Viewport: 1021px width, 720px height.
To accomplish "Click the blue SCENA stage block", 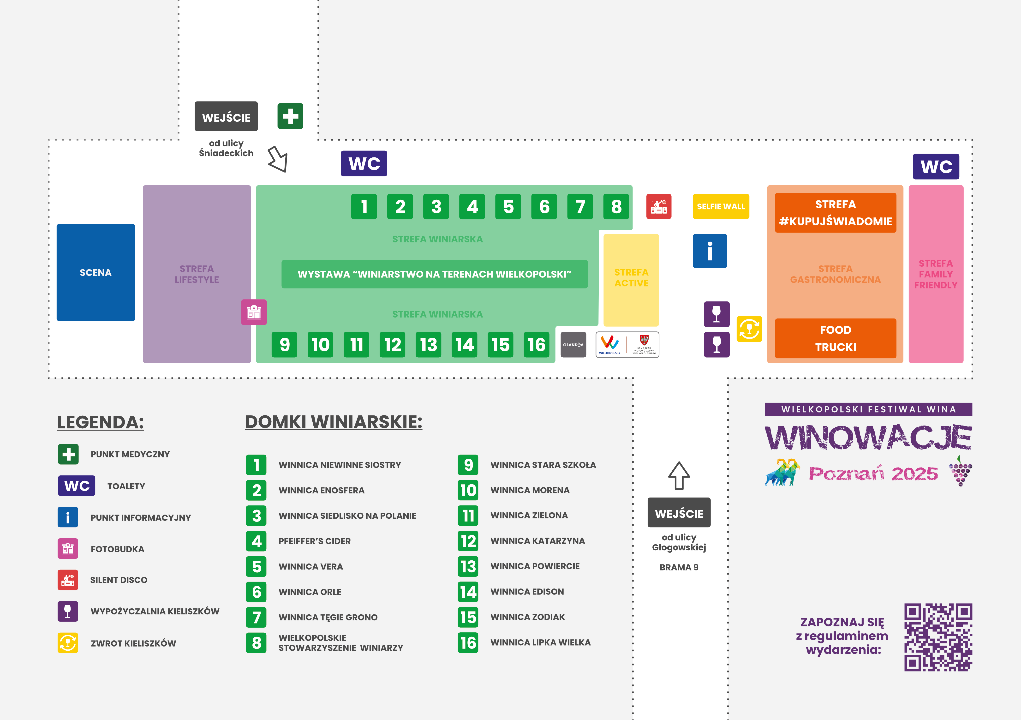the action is coord(96,272).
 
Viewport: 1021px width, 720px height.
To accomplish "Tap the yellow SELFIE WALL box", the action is coord(721,206).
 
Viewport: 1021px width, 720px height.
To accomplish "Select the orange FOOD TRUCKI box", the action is coord(836,338).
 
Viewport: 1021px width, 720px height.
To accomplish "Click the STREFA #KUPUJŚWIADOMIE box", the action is coord(836,213).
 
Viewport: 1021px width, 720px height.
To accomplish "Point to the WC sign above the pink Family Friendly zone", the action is coord(936,167).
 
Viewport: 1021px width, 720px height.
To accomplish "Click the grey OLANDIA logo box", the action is coord(573,345).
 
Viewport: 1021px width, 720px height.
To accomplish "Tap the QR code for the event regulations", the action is coord(938,637).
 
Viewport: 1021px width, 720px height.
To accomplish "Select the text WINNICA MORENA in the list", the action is coord(530,490).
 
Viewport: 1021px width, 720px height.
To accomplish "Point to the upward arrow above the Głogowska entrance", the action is coord(679,475).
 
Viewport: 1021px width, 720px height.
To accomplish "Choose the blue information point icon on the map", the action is coord(710,251).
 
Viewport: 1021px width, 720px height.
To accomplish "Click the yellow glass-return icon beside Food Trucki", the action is coord(749,329).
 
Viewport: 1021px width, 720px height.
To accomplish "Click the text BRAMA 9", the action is coord(679,567).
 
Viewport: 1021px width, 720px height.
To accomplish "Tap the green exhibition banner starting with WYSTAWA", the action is coord(435,274).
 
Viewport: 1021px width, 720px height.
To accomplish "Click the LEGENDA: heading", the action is coord(101,422).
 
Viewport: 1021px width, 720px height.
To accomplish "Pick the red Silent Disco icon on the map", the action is coord(659,206).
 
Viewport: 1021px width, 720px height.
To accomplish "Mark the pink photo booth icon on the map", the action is coord(254,312).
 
